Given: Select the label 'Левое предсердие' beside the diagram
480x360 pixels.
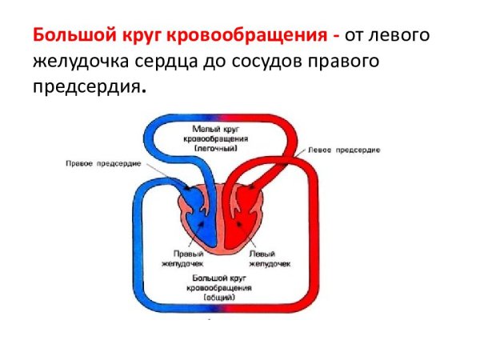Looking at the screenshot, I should click(x=340, y=150).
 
